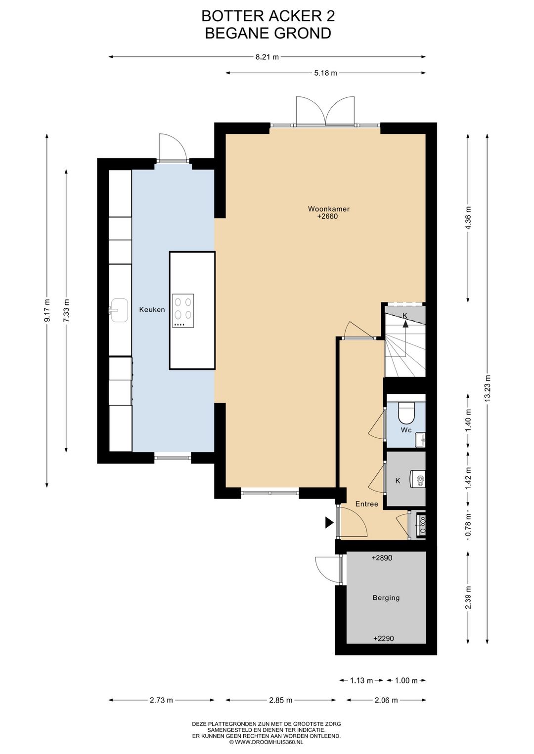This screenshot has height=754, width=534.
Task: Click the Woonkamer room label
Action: coord(328,209)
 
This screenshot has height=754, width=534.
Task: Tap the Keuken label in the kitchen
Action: coord(152,309)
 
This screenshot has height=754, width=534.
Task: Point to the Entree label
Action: coord(366,504)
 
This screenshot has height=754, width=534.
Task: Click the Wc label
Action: coord(406,430)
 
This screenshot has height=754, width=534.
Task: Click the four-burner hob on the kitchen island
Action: coord(183,311)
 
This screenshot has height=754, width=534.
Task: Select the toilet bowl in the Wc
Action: coord(406,413)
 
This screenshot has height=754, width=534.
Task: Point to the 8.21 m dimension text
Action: coord(267,57)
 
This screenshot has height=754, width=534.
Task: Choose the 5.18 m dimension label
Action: coord(325,73)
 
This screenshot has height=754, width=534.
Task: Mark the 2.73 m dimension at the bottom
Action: coord(161,701)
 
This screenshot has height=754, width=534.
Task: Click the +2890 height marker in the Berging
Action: coord(382,558)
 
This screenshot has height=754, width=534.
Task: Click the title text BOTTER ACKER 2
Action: coord(268,16)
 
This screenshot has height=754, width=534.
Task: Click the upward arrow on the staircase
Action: coord(405,324)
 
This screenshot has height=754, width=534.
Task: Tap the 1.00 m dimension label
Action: coord(406,680)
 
